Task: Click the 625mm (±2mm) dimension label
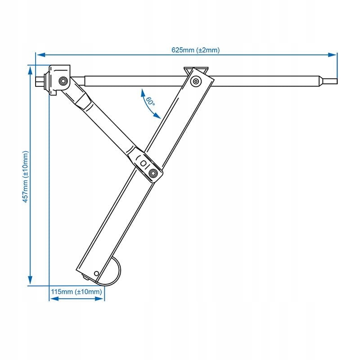pyautogui.click(x=195, y=50)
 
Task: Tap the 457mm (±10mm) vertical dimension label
pyautogui.click(x=26, y=175)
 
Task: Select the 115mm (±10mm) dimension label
pyautogui.click(x=76, y=292)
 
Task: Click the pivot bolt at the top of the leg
pyautogui.click(x=196, y=81)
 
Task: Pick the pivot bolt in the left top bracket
pyautogui.click(x=63, y=81)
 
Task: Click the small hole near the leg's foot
pyautogui.click(x=96, y=273)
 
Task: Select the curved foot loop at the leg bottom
pyautogui.click(x=116, y=272)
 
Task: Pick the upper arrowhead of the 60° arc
pyautogui.click(x=141, y=92)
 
